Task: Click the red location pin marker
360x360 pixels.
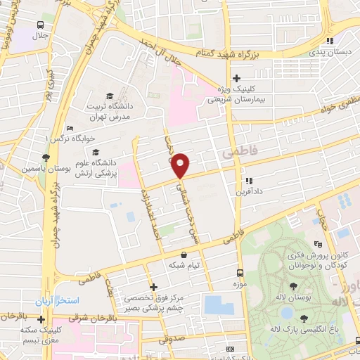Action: (181, 165)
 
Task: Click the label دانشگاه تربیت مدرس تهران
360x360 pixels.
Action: (109, 110)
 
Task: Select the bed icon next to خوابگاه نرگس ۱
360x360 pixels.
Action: (67, 128)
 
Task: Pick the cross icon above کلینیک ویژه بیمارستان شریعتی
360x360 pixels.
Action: (237, 78)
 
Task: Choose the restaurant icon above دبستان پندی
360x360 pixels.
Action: (330, 41)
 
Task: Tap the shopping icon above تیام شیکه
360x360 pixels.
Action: (184, 255)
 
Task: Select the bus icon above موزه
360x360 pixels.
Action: (240, 272)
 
